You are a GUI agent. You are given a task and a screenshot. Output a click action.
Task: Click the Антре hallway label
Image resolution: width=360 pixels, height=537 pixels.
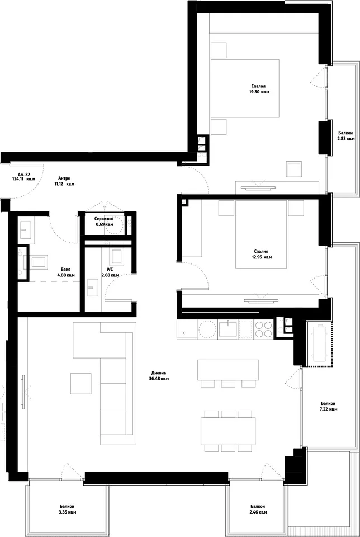click(64, 178)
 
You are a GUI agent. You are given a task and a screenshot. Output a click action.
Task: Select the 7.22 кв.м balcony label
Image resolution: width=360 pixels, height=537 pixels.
click(328, 409)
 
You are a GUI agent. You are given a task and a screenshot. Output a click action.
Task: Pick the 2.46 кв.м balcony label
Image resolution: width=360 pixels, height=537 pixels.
click(257, 512)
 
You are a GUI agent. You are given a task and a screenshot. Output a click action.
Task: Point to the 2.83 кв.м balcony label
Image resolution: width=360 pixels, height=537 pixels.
click(345, 139)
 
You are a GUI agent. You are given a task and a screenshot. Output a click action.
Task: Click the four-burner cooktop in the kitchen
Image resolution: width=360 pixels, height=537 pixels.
click(263, 329)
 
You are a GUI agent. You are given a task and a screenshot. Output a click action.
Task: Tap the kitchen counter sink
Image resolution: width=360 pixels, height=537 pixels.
click(228, 329)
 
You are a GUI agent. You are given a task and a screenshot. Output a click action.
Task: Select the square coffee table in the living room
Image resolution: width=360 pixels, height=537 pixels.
click(81, 384)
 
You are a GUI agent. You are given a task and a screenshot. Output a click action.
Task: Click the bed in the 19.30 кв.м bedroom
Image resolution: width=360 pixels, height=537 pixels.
click(245, 88)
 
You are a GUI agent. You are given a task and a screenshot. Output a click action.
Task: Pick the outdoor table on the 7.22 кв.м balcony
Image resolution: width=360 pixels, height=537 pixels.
click(319, 343)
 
